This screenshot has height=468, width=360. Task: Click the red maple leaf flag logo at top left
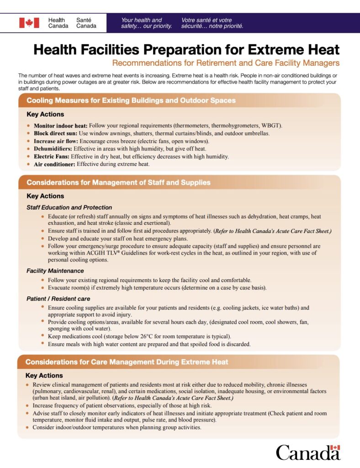(29, 23)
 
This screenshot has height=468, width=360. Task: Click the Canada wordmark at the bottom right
(308, 452)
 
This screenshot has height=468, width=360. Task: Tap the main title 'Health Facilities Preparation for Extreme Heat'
(186, 50)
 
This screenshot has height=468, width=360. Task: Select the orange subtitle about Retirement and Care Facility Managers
(226, 63)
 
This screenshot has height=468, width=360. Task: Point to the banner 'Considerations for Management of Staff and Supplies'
(118, 182)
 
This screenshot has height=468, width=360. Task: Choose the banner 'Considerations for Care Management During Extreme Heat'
(127, 362)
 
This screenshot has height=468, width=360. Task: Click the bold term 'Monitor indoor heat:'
(61, 126)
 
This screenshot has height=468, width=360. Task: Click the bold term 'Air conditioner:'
(55, 164)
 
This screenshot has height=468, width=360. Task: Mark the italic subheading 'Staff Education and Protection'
(69, 207)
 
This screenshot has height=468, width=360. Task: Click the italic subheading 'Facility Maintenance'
(55, 271)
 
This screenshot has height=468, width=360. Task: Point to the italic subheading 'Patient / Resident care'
(58, 299)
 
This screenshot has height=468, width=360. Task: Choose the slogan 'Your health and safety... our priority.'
(146, 23)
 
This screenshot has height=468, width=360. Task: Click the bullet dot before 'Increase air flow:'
(29, 141)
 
